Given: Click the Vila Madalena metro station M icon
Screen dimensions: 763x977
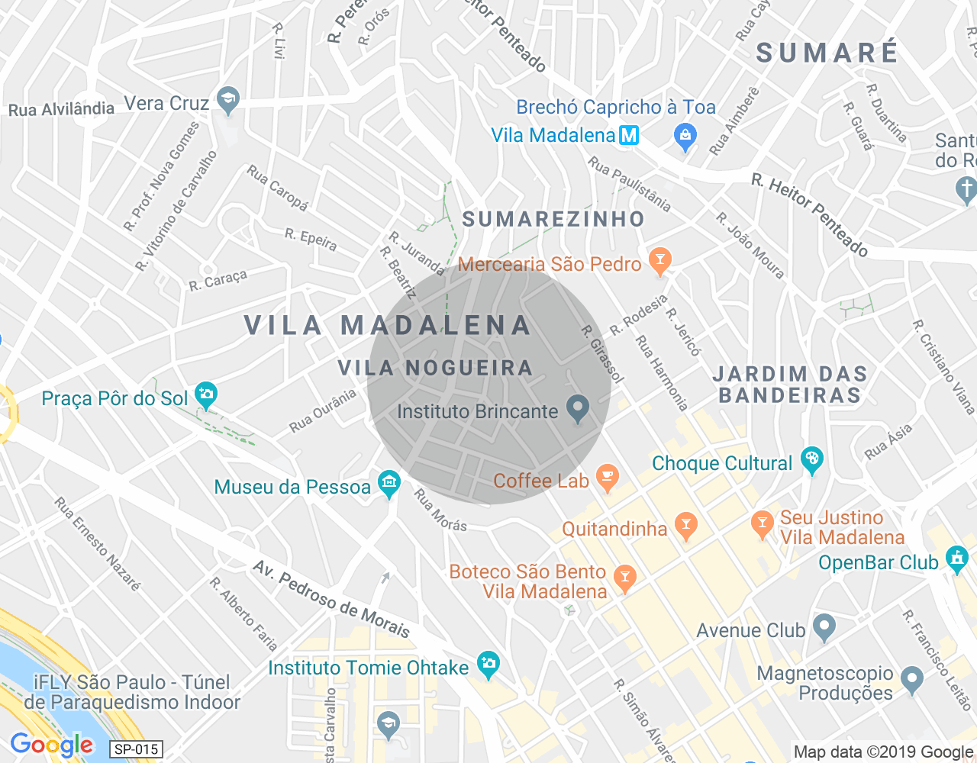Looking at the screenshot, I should point(628,135).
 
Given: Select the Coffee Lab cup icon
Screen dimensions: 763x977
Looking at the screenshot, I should point(607,478).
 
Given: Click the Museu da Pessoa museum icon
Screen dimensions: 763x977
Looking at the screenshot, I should point(389,485).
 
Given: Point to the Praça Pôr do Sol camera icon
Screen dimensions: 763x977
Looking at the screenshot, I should point(206,395).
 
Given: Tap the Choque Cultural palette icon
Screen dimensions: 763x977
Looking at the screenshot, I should point(811,460).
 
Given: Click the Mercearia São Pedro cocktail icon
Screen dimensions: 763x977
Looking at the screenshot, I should point(659,261).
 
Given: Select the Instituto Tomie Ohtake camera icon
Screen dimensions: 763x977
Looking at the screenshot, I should point(488,665).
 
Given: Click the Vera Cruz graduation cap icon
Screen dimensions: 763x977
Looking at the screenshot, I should point(227,100).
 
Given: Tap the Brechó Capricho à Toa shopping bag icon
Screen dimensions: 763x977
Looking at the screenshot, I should point(685,137).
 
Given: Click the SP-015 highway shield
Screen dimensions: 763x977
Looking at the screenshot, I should point(136,749).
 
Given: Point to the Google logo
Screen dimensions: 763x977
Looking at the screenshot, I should point(52,745).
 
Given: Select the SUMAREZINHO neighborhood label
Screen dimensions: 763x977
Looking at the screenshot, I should point(553,220).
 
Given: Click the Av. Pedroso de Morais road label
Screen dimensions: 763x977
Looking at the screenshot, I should point(331,600).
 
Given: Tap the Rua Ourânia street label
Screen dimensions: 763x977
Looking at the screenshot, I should point(322,411).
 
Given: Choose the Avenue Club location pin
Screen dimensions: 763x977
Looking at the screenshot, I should point(823,628).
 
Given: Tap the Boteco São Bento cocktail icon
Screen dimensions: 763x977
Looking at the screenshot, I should point(624,578).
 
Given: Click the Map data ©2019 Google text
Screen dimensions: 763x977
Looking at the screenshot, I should point(883,752).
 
